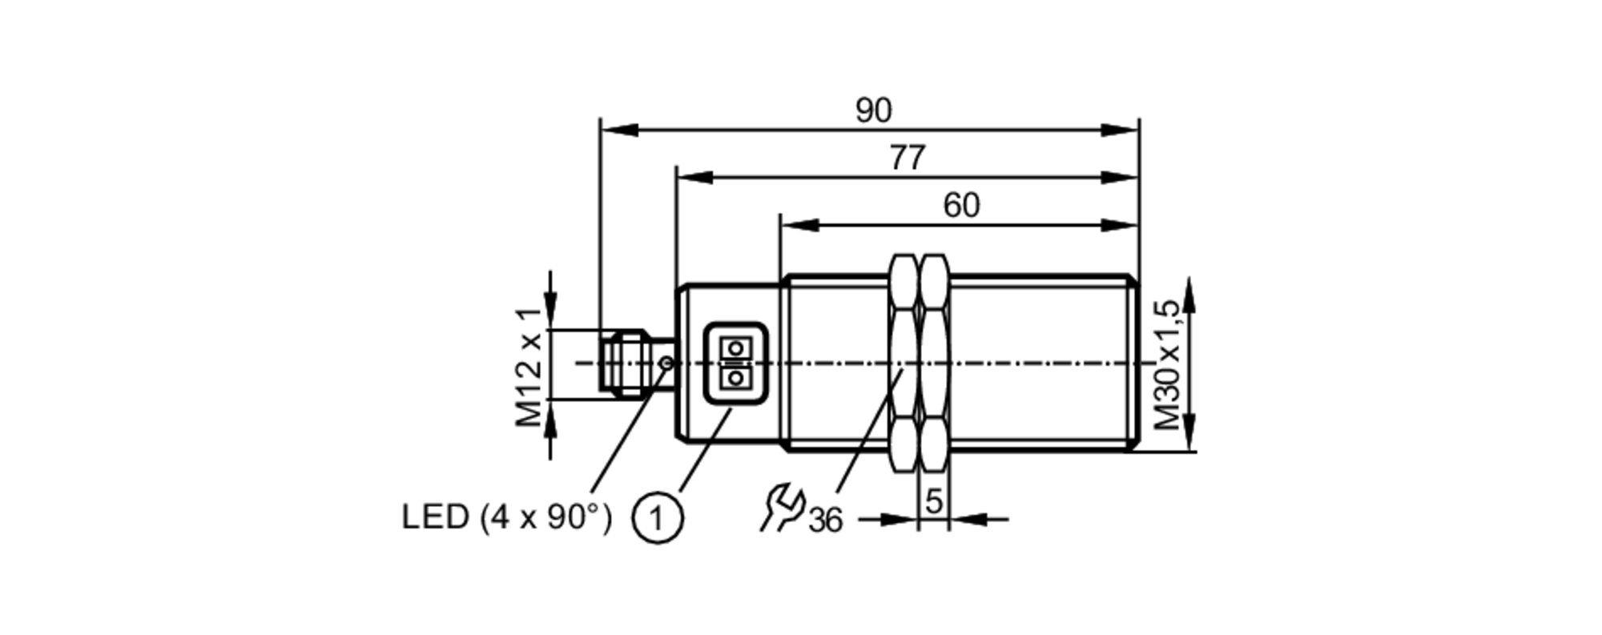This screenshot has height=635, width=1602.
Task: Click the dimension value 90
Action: (872, 111)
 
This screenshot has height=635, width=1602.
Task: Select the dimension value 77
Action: (908, 158)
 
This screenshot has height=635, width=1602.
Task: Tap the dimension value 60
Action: (960, 206)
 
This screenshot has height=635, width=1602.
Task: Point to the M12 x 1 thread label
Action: (529, 367)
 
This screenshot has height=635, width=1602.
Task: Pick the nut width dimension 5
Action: (933, 502)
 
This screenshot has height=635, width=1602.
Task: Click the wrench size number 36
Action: (825, 520)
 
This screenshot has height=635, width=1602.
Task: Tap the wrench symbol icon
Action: (781, 508)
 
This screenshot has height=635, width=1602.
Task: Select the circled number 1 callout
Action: (658, 519)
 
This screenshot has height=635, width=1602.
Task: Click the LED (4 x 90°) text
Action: (506, 518)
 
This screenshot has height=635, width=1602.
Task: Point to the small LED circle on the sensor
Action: (666, 364)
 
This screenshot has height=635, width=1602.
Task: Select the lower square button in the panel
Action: (735, 377)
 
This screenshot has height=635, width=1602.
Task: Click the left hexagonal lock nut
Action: (904, 364)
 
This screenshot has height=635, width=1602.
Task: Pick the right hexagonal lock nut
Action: (934, 364)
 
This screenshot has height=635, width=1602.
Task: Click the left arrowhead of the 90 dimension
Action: (618, 130)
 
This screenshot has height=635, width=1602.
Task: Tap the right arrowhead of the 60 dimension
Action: (1120, 226)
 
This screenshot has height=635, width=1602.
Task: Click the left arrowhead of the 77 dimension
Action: (694, 178)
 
